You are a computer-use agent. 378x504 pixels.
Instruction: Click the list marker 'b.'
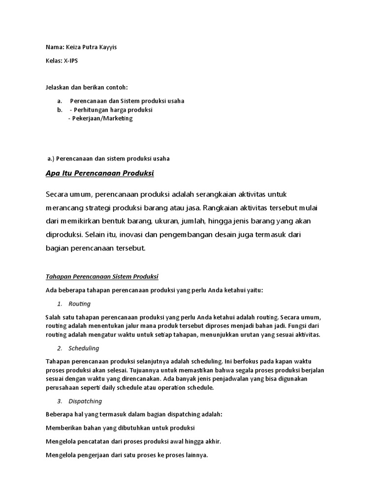[60, 110]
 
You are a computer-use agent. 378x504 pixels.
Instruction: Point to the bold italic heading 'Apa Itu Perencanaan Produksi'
[100, 174]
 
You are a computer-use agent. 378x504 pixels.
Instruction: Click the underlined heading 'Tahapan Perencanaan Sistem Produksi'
[102, 276]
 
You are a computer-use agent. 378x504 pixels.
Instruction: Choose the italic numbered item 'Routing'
[80, 304]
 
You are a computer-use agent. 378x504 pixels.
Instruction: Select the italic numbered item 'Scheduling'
[84, 348]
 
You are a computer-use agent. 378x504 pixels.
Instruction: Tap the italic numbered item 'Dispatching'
[85, 402]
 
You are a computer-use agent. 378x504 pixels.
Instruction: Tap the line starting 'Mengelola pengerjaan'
[126, 455]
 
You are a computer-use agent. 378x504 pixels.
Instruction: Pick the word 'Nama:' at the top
[54, 47]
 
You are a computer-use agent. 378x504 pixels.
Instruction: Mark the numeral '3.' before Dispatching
[60, 402]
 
